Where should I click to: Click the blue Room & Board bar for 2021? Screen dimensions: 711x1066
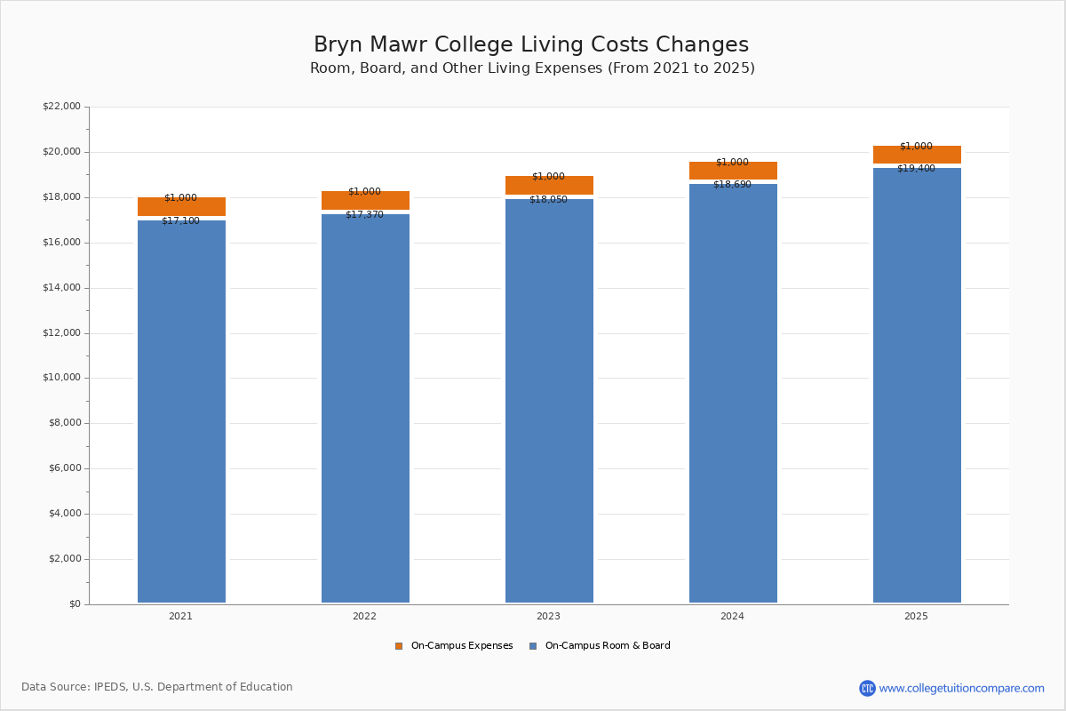click(x=181, y=409)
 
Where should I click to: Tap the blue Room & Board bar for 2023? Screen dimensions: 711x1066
click(x=549, y=400)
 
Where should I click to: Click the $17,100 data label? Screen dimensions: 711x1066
click(x=180, y=221)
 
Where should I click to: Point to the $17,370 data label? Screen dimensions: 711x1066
click(x=364, y=215)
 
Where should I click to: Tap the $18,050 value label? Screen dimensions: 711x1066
click(x=548, y=200)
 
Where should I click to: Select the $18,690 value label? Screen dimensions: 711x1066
click(x=732, y=185)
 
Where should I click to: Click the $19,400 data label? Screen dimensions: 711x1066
click(x=916, y=169)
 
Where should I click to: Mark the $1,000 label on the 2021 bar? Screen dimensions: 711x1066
click(x=180, y=198)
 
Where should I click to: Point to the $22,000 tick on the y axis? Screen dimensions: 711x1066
click(x=61, y=107)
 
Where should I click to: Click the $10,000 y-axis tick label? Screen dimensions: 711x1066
click(x=61, y=378)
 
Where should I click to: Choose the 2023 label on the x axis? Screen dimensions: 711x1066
click(x=548, y=617)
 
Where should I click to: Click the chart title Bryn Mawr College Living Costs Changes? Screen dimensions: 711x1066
click(x=531, y=45)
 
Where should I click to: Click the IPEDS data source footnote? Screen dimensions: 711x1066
click(x=157, y=687)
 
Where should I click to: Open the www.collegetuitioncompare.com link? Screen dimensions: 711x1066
click(x=961, y=689)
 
